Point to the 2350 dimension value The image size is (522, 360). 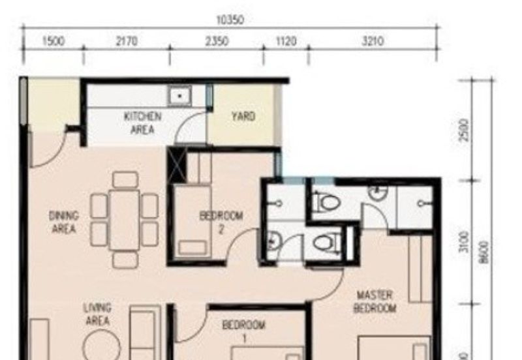pyautogui.click(x=217, y=42)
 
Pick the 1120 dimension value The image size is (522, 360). pyautogui.click(x=286, y=42)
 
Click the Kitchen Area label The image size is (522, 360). pyautogui.click(x=143, y=123)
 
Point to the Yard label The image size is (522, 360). pyautogui.click(x=243, y=117)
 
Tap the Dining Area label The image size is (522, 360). pyautogui.click(x=64, y=222)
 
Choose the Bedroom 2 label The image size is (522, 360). pyautogui.click(x=221, y=222)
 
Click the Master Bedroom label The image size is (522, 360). pyautogui.click(x=375, y=302)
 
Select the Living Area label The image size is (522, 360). pyautogui.click(x=97, y=314)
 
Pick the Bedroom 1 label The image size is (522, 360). pyautogui.click(x=243, y=331)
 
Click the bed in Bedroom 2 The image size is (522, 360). pyautogui.click(x=191, y=222)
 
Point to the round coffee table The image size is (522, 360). pyautogui.click(x=101, y=346)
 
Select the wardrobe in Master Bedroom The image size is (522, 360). pyautogui.click(x=420, y=269)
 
